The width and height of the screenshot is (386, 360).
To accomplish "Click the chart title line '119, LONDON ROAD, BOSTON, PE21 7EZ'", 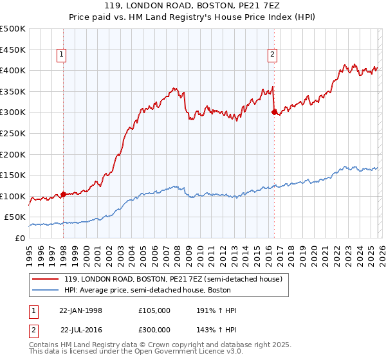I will coord(192,6).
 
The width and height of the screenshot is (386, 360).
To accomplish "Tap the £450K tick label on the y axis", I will coord(13,50).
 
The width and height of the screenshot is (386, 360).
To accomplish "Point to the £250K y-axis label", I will coord(13,133).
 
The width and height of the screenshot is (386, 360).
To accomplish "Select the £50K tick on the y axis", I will coord(15,217).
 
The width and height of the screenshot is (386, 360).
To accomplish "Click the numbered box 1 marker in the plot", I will coord(62,55).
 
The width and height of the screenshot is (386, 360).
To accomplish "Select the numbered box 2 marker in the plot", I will coord(273,55).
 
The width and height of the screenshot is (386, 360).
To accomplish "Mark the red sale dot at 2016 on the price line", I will coord(275,112).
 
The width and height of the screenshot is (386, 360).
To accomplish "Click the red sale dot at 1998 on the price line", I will coord(64,194).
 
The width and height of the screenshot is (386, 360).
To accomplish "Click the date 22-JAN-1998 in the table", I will coord(80,310).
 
